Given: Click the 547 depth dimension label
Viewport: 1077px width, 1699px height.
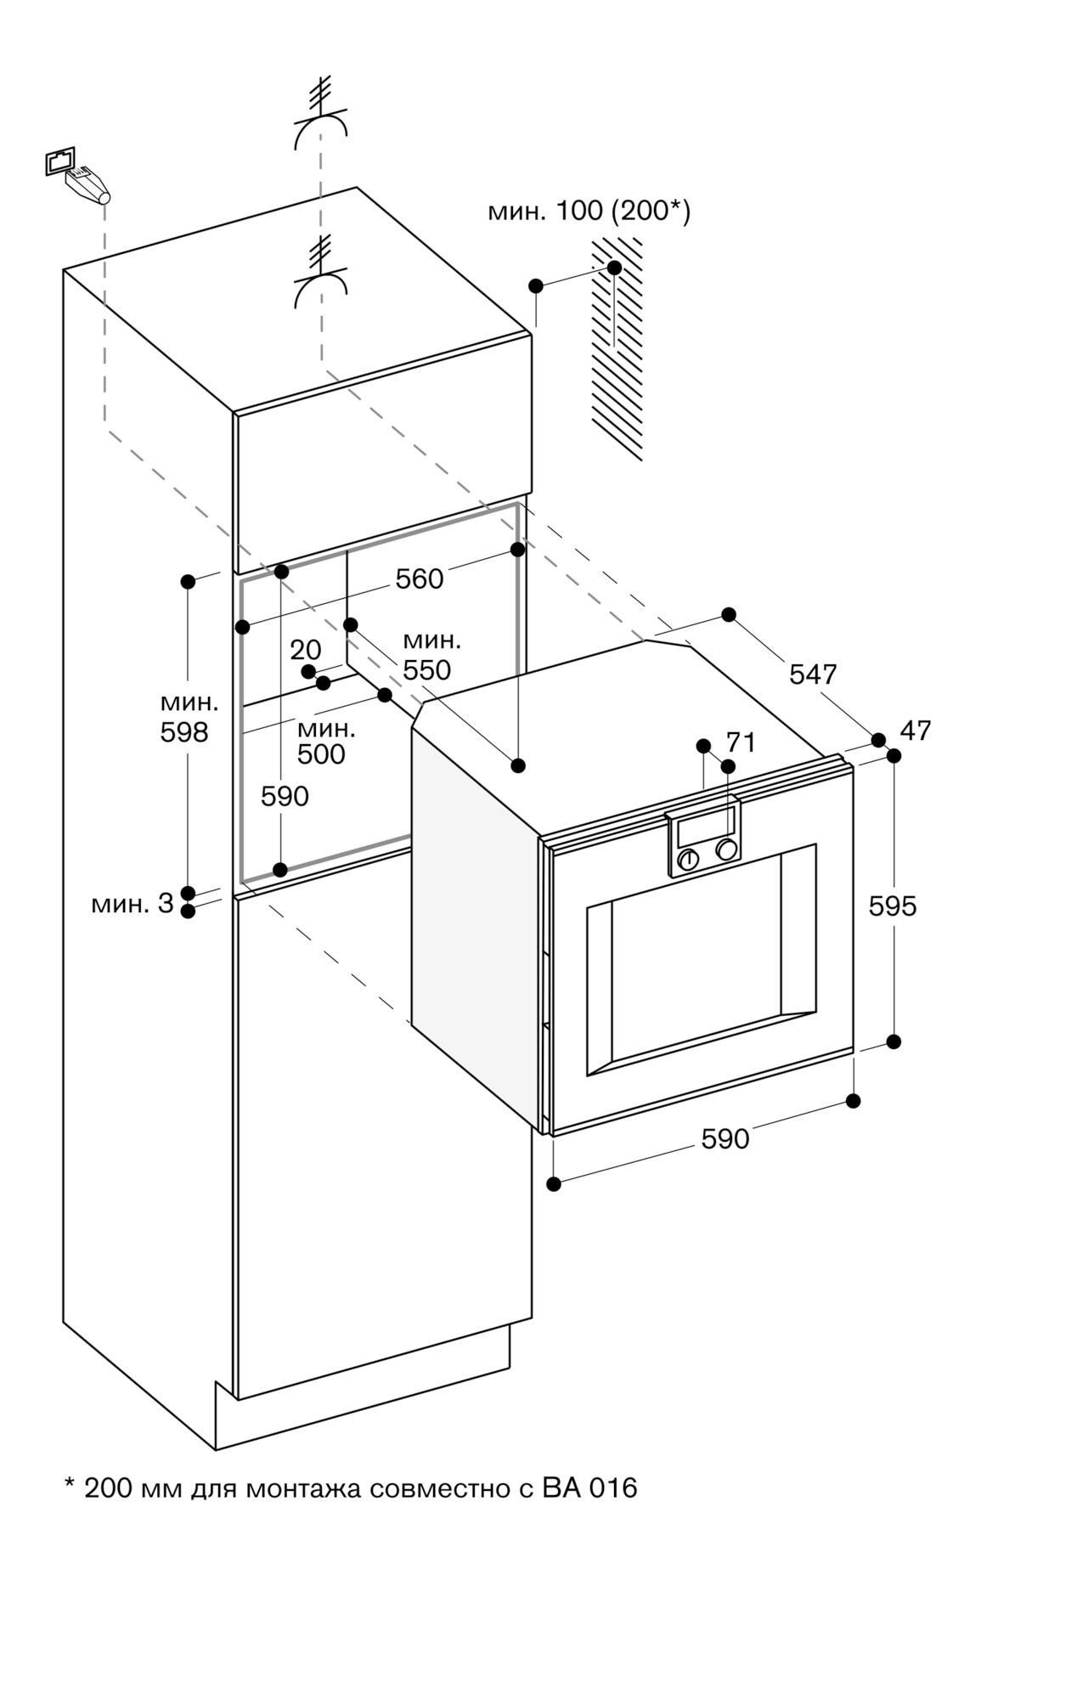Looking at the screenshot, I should [x=813, y=674].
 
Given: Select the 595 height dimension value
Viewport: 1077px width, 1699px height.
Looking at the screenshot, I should [x=893, y=906].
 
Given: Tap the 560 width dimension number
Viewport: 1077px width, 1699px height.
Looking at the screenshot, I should [x=420, y=579].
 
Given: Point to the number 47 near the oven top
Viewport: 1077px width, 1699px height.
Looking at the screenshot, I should [x=916, y=730].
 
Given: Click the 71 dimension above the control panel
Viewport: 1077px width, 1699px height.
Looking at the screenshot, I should [x=741, y=742].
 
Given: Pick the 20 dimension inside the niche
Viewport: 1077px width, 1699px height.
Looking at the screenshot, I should [x=306, y=650].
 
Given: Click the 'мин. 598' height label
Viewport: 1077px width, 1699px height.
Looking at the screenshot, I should [x=189, y=718].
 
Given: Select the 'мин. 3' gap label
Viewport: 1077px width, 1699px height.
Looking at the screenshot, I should [x=133, y=904].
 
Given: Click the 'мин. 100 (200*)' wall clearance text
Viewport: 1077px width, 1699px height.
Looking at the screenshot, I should [x=589, y=211].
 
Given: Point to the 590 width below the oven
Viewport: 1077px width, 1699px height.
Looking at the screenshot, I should [x=725, y=1138].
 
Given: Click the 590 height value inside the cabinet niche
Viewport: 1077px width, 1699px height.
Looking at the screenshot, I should [x=285, y=796].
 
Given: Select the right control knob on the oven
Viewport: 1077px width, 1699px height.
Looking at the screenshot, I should [x=726, y=849].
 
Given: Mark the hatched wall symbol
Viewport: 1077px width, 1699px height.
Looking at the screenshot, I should [x=617, y=348].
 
